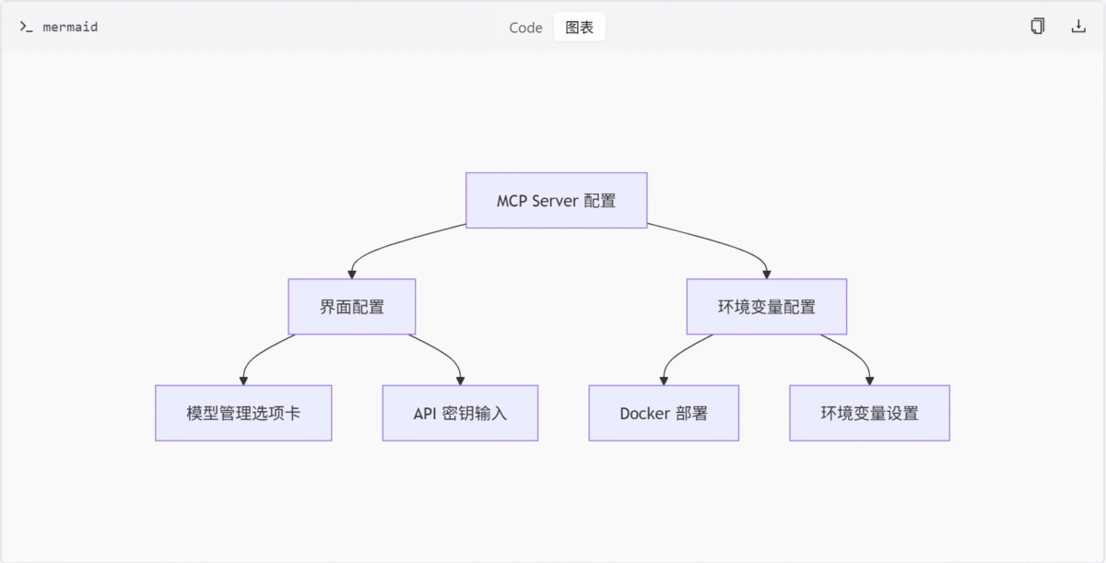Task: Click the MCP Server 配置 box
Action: tap(557, 200)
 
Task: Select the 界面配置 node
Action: tap(352, 307)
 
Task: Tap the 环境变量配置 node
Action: tap(767, 307)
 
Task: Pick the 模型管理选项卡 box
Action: tap(243, 413)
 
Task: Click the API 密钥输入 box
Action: tap(460, 413)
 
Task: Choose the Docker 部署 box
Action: tap(664, 413)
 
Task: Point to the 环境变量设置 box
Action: tap(869, 413)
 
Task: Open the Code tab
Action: tap(525, 27)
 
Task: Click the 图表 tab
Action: tap(579, 27)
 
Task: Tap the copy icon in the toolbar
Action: tap(1038, 26)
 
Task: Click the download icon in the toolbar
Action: tap(1078, 26)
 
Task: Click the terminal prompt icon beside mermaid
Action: tap(26, 27)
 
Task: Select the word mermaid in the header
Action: tap(70, 27)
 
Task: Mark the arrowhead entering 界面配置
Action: tap(352, 275)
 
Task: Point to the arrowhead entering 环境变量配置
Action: tap(767, 275)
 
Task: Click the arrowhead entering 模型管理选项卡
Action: tap(243, 381)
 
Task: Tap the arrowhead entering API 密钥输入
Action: tap(460, 381)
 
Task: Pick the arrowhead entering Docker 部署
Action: tap(664, 381)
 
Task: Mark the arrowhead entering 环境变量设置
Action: tap(869, 381)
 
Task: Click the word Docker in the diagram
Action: tap(644, 414)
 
